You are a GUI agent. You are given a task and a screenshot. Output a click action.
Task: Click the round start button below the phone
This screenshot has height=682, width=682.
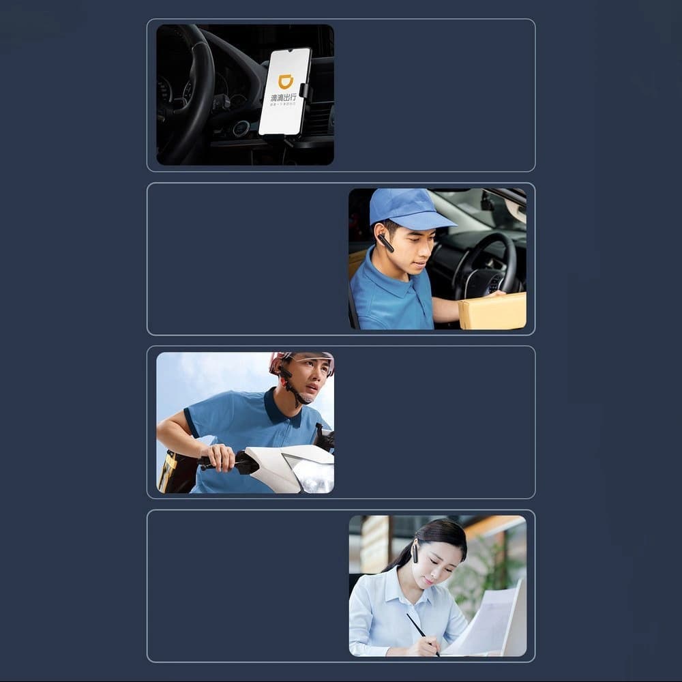[x=240, y=129]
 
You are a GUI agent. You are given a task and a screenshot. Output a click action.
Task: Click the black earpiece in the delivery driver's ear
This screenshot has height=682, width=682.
[x=385, y=242]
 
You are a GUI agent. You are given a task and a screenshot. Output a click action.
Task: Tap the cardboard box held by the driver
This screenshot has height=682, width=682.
[x=492, y=311]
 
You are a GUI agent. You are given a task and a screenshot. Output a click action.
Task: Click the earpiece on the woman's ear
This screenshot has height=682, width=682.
[x=414, y=552]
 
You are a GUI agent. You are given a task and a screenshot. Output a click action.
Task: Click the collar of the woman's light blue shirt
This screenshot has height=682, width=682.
[x=402, y=587]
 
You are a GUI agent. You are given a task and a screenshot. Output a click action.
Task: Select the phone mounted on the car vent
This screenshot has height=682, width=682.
[x=285, y=92]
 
